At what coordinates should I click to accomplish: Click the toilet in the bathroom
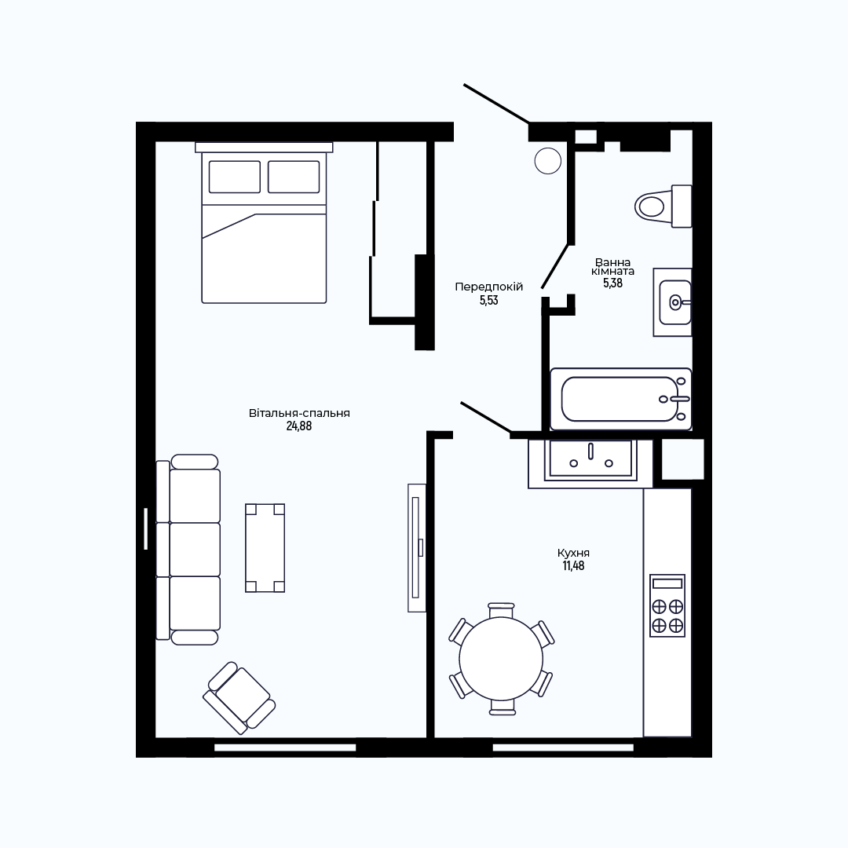(663, 206)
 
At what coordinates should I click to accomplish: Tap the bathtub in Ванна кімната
(621, 399)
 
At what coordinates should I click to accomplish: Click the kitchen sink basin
(590, 459)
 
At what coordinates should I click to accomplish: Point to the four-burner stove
(667, 605)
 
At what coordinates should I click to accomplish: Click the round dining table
(501, 659)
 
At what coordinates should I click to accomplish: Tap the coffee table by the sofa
(265, 548)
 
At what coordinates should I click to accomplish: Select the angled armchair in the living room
(239, 698)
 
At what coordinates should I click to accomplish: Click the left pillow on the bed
(234, 177)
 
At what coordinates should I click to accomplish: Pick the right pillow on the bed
(294, 177)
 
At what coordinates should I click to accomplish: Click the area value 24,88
(299, 426)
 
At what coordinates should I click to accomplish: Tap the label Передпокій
(489, 287)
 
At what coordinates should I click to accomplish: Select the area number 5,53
(489, 301)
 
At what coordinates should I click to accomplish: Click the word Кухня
(573, 554)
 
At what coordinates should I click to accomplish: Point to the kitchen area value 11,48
(573, 566)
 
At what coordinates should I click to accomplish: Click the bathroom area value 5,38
(612, 283)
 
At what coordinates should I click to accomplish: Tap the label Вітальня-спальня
(299, 413)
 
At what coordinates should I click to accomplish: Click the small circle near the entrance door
(548, 161)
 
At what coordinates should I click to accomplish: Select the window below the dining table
(563, 747)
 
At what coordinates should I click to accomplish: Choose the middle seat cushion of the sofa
(195, 549)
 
